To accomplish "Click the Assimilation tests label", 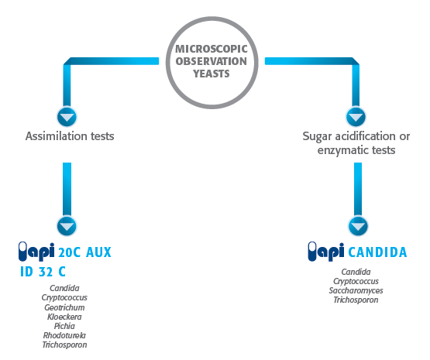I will click(x=70, y=137).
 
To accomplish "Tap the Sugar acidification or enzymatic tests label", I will click(x=356, y=143).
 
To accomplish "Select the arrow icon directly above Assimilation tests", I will click(x=67, y=118).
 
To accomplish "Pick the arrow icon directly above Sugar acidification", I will click(x=356, y=118).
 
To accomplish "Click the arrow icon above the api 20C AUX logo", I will click(x=67, y=227).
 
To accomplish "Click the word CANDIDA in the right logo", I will click(x=377, y=252).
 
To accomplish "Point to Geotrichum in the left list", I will click(x=64, y=307).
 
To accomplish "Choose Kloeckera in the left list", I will click(x=64, y=317).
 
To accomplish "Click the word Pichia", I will click(x=64, y=326).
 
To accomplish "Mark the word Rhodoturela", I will click(x=64, y=335).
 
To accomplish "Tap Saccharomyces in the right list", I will click(x=356, y=290).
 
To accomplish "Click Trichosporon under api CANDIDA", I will click(x=356, y=300).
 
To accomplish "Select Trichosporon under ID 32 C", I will click(x=64, y=345).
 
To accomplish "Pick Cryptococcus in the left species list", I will click(x=64, y=298).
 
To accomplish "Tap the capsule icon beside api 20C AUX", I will click(x=23, y=251).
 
